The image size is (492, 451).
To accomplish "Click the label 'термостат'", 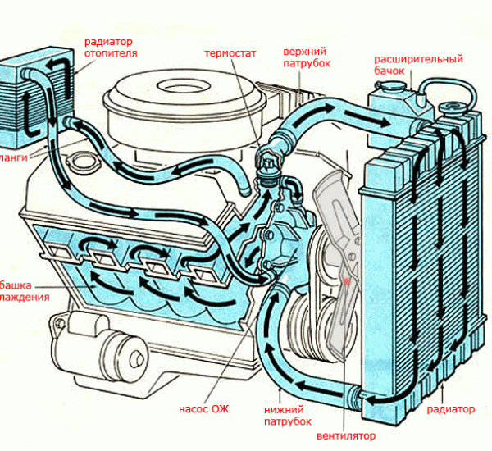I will point(230,54).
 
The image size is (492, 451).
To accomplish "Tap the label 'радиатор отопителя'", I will point(110,48).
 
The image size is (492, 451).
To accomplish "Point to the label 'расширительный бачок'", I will point(419,66).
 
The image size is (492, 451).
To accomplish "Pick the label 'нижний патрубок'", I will point(286,415).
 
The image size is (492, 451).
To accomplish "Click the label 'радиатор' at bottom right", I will point(450,408).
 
